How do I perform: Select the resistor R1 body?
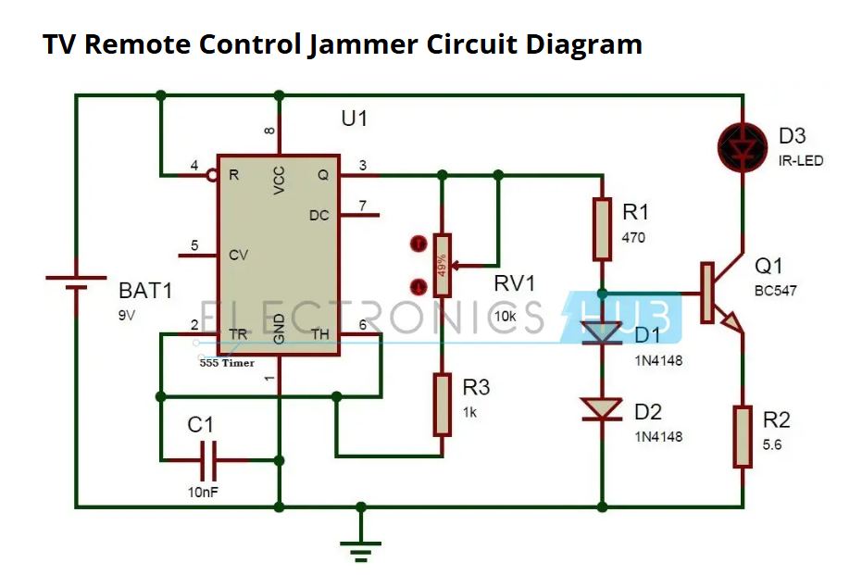(602, 229)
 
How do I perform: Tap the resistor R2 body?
(743, 436)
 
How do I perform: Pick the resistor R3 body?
(443, 405)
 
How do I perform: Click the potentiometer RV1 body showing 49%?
(443, 265)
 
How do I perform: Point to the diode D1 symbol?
(602, 334)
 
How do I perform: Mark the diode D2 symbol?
(602, 408)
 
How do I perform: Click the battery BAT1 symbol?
(77, 281)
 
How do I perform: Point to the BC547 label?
(776, 290)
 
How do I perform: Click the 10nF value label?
(203, 492)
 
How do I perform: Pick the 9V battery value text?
(127, 314)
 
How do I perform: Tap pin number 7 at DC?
(363, 205)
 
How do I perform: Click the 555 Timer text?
(227, 364)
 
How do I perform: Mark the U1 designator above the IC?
(354, 119)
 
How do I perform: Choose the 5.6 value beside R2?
(772, 444)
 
